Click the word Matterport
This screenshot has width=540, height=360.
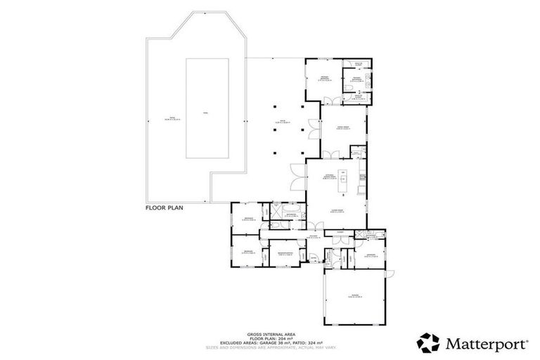(x=485, y=343)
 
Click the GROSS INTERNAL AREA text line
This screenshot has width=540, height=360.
(x=269, y=334)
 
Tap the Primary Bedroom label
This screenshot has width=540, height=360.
(x=324, y=78)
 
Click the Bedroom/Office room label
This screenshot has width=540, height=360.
(x=285, y=254)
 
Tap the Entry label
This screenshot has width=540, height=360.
(x=314, y=258)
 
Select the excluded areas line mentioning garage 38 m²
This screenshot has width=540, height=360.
(x=269, y=342)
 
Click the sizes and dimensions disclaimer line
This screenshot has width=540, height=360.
(x=269, y=347)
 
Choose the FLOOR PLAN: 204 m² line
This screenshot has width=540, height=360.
(x=269, y=338)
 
